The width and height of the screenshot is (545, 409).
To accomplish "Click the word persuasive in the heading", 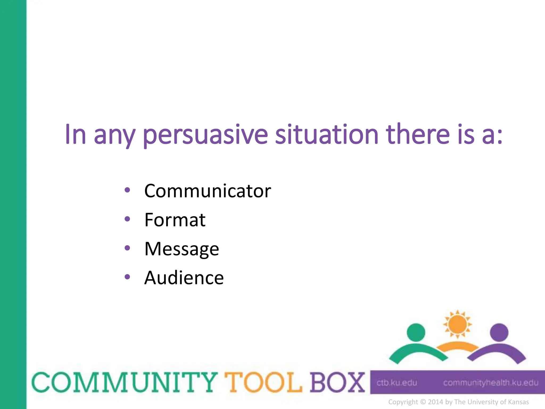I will pyautogui.click(x=205, y=135).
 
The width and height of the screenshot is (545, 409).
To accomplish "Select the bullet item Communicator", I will pyautogui.click(x=207, y=191).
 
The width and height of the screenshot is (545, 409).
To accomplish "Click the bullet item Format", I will pyautogui.click(x=175, y=220).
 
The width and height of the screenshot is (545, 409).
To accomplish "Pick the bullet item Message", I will pyautogui.click(x=181, y=249).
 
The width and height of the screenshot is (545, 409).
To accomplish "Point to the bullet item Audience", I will pyautogui.click(x=184, y=278).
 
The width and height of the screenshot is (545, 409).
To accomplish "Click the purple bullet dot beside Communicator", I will pyautogui.click(x=127, y=190).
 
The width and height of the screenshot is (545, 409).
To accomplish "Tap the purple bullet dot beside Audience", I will pyautogui.click(x=127, y=277).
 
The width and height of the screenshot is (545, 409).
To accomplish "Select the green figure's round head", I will pyautogui.click(x=416, y=332).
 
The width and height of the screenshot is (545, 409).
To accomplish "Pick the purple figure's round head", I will pyautogui.click(x=499, y=332).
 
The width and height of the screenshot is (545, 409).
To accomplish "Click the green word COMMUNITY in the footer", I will pyautogui.click(x=125, y=382).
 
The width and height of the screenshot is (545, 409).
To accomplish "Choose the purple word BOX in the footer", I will pyautogui.click(x=337, y=382).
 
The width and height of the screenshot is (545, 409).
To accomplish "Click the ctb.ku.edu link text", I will pyautogui.click(x=397, y=383).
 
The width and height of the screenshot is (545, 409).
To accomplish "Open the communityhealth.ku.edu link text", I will pyautogui.click(x=490, y=383).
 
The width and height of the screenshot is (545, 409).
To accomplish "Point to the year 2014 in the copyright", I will pyautogui.click(x=435, y=402).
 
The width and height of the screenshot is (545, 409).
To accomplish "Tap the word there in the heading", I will pyautogui.click(x=418, y=134).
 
